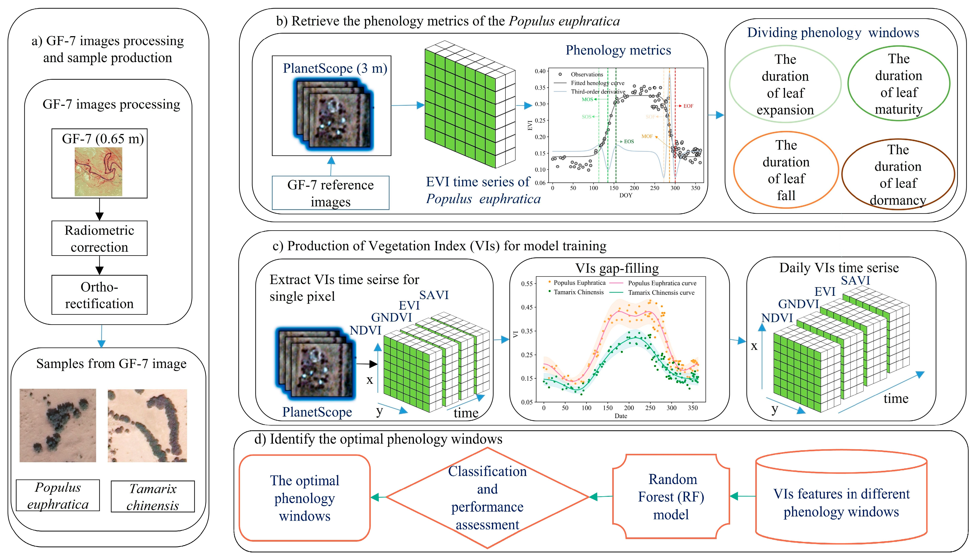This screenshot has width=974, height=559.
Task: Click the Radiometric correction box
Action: click(99, 238)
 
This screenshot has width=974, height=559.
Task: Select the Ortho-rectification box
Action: click(99, 295)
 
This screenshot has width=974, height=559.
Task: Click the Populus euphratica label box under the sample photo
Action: click(58, 495)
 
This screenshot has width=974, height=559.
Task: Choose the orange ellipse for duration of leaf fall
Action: click(786, 170)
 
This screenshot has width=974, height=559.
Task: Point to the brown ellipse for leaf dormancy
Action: click(898, 175)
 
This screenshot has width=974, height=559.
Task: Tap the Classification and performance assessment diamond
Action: click(487, 498)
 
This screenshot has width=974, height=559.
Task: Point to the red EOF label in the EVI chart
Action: click(688, 106)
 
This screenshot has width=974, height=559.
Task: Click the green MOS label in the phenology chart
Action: click(587, 99)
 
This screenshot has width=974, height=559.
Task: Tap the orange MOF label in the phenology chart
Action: click(647, 136)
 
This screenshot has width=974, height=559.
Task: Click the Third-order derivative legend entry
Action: click(598, 92)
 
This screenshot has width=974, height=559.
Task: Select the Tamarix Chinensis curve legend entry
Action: click(661, 292)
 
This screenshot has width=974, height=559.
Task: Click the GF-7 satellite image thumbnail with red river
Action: click(98, 172)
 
